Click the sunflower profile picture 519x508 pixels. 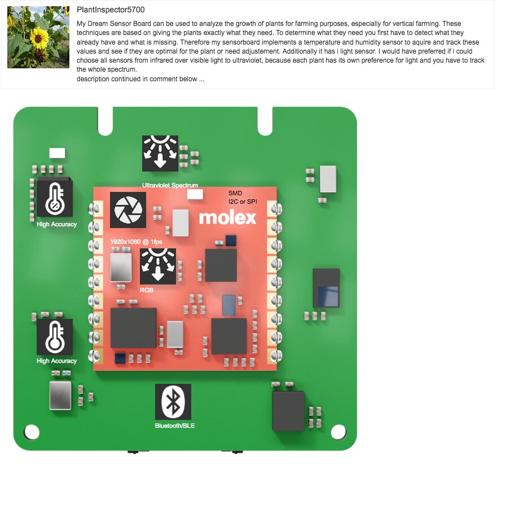click(38, 37)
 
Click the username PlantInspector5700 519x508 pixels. click(111, 10)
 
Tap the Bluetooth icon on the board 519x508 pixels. click(173, 402)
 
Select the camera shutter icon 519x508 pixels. click(127, 210)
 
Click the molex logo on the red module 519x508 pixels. click(227, 218)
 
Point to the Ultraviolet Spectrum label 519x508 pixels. click(170, 185)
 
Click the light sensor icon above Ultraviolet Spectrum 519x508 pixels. click(160, 154)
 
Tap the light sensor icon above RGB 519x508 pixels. click(158, 266)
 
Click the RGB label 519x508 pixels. click(146, 290)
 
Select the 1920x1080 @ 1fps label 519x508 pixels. click(136, 242)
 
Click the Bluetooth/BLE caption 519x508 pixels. click(175, 426)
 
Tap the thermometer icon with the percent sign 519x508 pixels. click(55, 199)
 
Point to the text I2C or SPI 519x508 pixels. click(243, 202)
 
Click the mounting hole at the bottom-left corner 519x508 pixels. click(32, 432)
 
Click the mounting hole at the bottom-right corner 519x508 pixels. click(338, 432)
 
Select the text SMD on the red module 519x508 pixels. click(235, 193)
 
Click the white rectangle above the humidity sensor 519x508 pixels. click(58, 153)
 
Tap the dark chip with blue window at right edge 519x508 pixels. click(326, 288)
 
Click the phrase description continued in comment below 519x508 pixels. click(140, 79)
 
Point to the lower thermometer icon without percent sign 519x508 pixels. click(55, 337)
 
